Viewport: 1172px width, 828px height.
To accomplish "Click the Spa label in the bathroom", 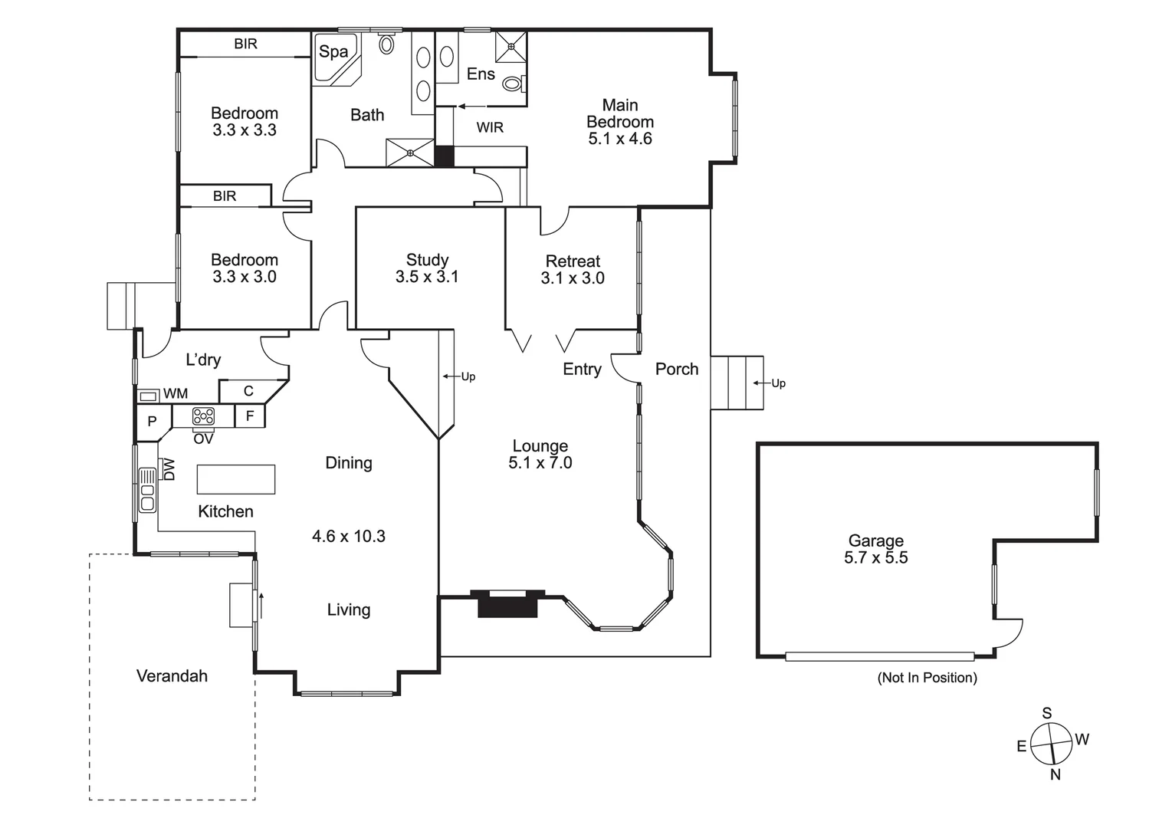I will (x=333, y=51).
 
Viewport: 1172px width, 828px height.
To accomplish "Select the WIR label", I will (x=490, y=127).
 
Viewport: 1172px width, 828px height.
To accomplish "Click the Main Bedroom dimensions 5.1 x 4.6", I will (x=620, y=139).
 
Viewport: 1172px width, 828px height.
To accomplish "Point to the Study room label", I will (x=427, y=260).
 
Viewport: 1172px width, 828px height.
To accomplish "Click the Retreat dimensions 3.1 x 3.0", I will (x=573, y=278).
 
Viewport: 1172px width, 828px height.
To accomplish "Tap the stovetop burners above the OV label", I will (x=203, y=416).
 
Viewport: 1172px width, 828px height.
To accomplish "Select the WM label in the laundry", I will (x=176, y=393).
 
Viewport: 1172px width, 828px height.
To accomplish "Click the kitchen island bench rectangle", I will (x=236, y=479).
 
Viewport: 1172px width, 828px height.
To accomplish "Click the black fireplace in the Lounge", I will (x=507, y=606).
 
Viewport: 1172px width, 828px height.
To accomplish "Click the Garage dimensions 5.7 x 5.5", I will (x=875, y=558).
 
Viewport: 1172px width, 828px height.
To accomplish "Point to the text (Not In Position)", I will (x=927, y=678).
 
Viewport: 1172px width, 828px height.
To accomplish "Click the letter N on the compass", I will (x=1055, y=774).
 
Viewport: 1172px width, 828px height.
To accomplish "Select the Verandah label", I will (x=172, y=675).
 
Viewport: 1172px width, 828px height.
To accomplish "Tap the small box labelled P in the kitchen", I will (x=153, y=421).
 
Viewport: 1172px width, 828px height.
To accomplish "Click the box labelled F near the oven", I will (x=250, y=416).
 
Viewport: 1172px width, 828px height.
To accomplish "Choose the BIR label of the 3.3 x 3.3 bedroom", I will (x=245, y=44).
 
